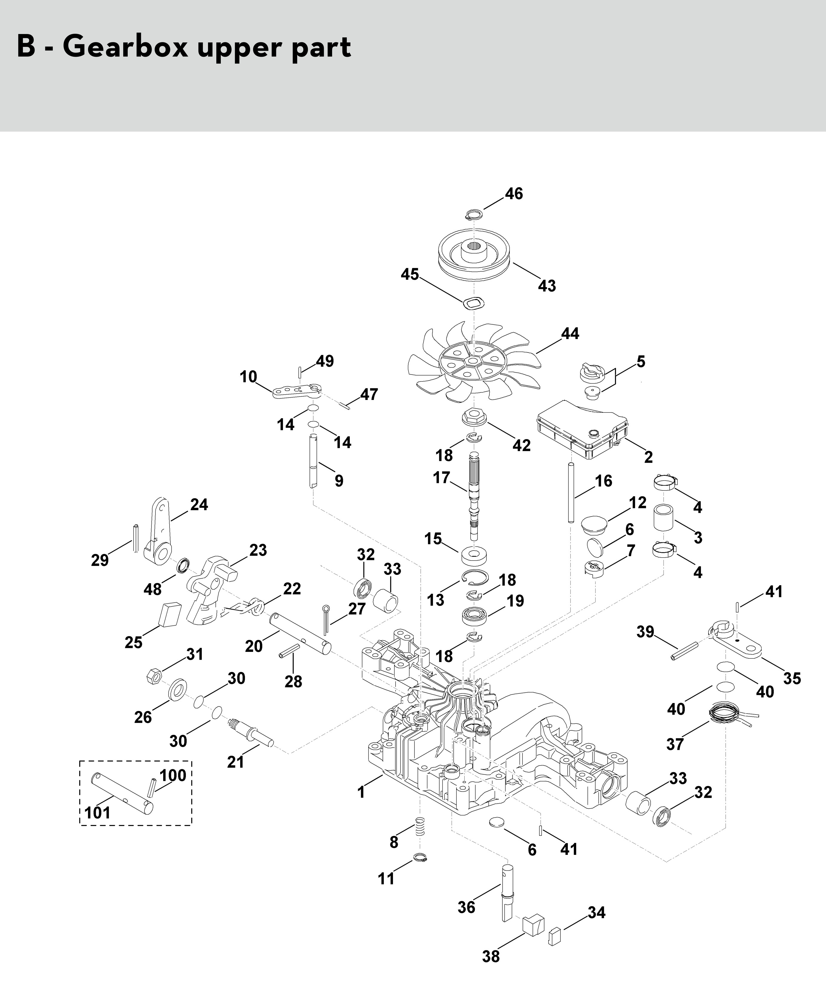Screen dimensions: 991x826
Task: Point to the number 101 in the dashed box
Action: (x=98, y=813)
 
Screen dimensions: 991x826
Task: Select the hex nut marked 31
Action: (x=155, y=673)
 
